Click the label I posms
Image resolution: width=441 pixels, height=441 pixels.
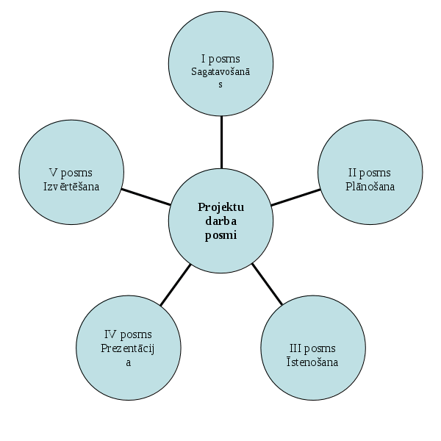pyautogui.click(x=220, y=58)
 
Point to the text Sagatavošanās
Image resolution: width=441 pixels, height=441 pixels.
pyautogui.click(x=220, y=71)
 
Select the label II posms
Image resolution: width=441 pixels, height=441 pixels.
pyautogui.click(x=370, y=173)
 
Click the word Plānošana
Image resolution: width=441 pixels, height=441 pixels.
pyautogui.click(x=370, y=186)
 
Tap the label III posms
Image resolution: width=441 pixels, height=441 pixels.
pyautogui.click(x=312, y=348)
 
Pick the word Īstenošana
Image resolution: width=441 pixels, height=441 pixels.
pyautogui.click(x=312, y=362)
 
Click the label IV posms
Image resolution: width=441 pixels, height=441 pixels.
pyautogui.click(x=129, y=334)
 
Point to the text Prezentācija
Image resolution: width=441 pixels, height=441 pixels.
pyautogui.click(x=129, y=348)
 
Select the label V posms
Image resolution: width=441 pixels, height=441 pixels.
pyautogui.click(x=71, y=173)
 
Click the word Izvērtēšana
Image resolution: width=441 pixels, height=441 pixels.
pyautogui.click(x=71, y=186)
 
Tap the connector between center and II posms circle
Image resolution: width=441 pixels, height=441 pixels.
pyautogui.click(x=295, y=196)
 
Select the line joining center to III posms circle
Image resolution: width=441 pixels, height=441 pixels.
pyautogui.click(x=268, y=284)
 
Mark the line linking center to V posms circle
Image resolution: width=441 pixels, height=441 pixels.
pyautogui.click(x=146, y=196)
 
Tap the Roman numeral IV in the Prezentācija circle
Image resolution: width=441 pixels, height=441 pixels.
pyautogui.click(x=110, y=334)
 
